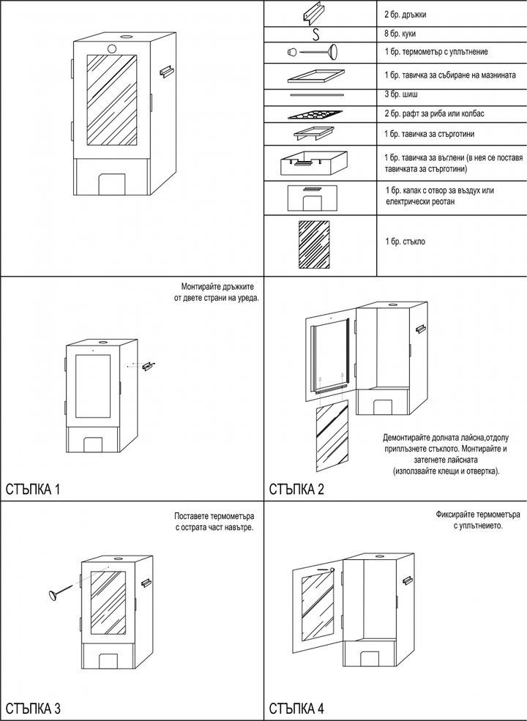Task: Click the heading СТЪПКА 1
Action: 33,489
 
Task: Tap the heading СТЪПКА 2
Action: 296,489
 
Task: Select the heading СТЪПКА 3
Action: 33,708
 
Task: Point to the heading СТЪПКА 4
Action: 296,708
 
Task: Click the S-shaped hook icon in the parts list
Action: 315,34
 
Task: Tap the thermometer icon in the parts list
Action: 315,52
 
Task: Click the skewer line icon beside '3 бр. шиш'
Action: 315,94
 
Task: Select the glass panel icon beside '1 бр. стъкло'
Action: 315,246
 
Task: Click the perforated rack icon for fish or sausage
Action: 315,114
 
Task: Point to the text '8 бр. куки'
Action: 402,34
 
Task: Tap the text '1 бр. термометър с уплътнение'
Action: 436,52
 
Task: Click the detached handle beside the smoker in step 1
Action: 150,362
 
